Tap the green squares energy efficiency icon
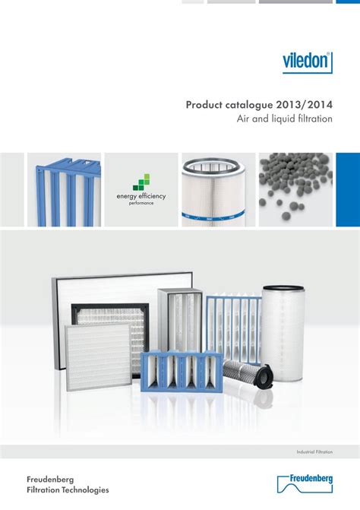(141, 182)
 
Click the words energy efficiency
(141, 196)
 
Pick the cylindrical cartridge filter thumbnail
(217, 189)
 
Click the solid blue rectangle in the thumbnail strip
(348, 189)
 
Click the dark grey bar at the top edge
(295, 2)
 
